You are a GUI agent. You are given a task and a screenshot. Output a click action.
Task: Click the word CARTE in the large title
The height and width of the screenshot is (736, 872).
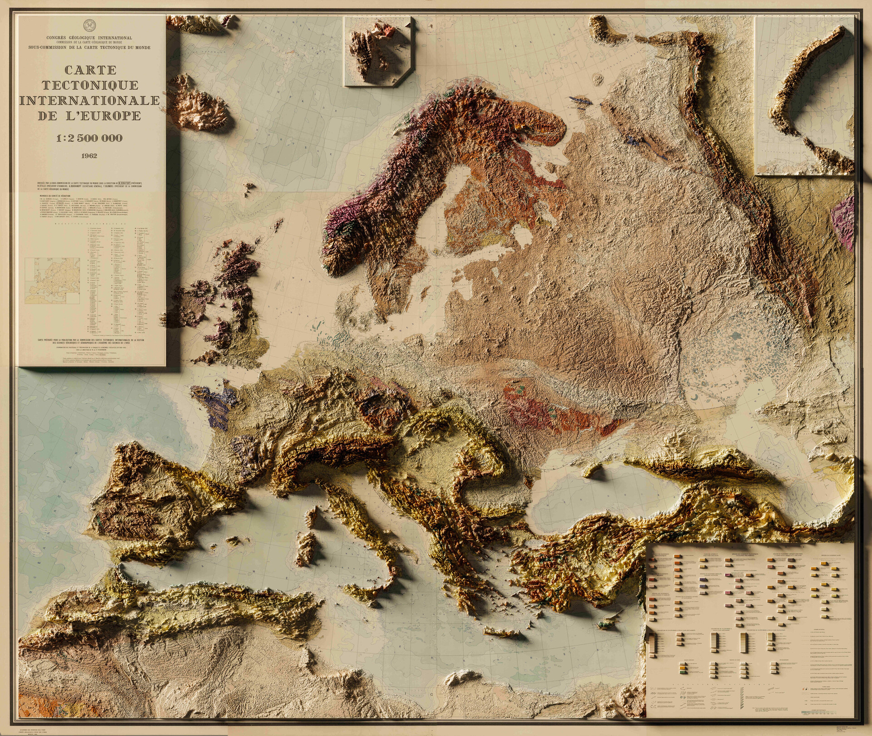click(90, 70)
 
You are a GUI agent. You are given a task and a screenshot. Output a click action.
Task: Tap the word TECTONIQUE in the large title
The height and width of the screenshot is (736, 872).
click(90, 85)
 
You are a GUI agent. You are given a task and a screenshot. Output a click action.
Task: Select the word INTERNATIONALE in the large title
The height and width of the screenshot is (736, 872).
click(90, 100)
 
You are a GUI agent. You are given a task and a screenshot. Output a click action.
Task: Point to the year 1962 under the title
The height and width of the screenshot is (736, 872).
click(89, 156)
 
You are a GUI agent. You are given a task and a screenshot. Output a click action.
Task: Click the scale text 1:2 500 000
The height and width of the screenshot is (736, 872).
click(89, 138)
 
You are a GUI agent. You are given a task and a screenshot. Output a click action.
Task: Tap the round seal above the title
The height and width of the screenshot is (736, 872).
click(89, 24)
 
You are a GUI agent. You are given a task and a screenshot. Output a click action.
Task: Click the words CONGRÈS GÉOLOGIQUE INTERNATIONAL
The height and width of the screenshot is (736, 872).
click(89, 38)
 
